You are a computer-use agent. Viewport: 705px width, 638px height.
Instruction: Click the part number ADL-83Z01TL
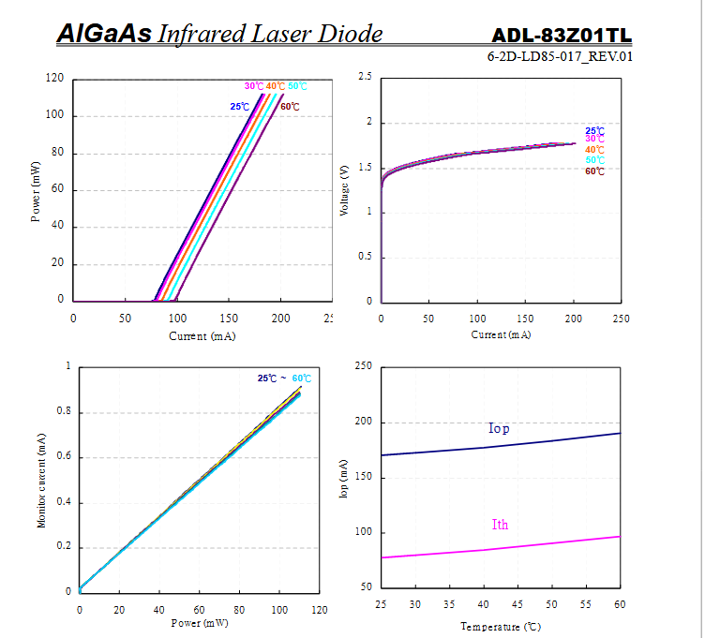(x=562, y=36)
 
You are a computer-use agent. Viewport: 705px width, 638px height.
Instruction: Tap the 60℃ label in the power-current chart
(x=290, y=107)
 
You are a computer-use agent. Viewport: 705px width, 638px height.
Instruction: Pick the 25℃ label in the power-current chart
(x=240, y=107)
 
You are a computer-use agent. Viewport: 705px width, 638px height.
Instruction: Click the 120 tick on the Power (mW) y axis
(x=54, y=80)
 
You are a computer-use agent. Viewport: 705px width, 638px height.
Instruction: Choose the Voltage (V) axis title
(x=344, y=191)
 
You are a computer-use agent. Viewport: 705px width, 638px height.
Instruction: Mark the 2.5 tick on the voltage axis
(x=366, y=77)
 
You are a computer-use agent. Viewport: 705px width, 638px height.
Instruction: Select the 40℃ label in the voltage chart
(x=594, y=150)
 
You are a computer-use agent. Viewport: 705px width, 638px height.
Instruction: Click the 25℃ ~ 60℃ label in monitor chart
(x=284, y=378)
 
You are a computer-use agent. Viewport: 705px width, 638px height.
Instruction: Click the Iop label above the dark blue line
(x=499, y=429)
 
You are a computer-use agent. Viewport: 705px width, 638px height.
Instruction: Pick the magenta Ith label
(x=500, y=525)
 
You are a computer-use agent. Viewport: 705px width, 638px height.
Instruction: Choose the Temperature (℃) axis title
(x=500, y=626)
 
